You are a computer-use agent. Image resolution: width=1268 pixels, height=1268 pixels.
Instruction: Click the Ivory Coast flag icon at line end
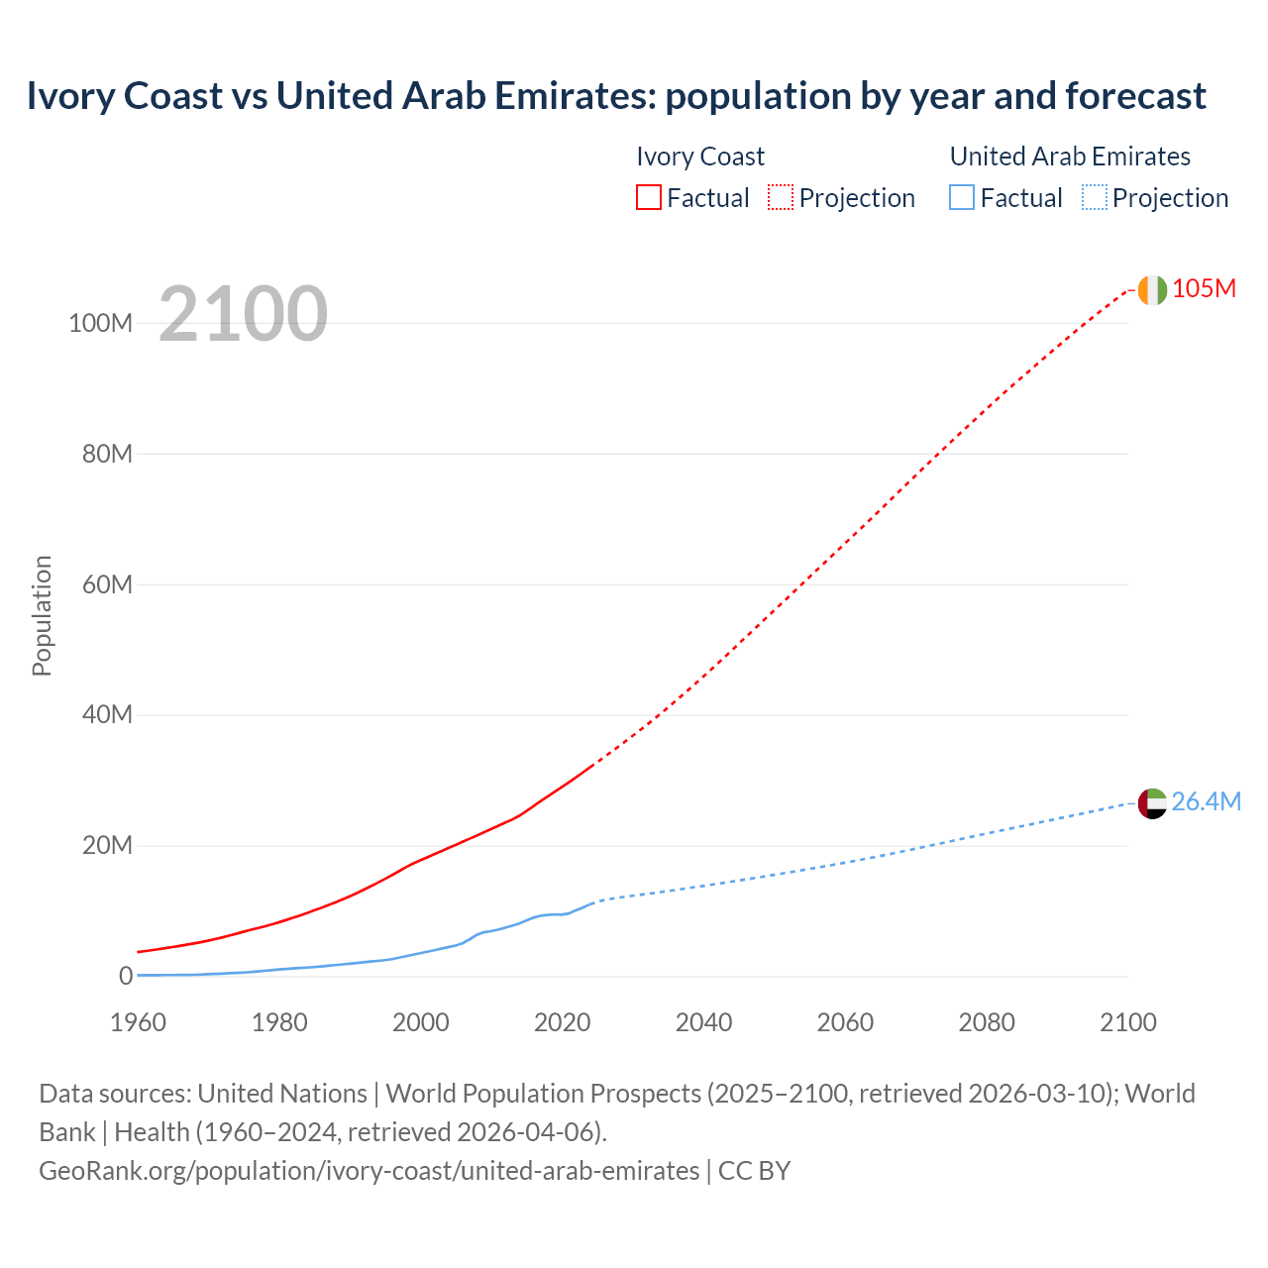1152,289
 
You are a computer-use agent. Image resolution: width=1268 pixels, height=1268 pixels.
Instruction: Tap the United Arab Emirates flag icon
1152,802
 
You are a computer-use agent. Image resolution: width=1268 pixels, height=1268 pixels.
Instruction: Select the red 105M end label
1204,288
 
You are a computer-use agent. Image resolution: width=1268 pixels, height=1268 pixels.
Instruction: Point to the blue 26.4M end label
1206,801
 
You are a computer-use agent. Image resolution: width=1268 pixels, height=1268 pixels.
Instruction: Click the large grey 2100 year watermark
243,314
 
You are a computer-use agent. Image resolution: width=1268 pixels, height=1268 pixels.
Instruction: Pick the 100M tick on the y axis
100,324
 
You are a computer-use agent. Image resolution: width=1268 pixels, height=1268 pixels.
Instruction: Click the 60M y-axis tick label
106,584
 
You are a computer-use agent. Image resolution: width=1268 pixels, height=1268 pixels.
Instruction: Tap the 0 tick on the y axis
125,976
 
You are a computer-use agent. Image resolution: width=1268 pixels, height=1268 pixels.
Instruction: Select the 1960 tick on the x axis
138,1022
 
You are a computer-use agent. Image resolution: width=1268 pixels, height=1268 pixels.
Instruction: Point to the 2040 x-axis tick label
703,1022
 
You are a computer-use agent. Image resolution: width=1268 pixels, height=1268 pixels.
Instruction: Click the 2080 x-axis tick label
987,1022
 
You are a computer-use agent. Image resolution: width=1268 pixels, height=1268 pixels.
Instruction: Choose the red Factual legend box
648,198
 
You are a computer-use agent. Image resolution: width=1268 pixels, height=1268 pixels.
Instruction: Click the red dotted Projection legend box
781,198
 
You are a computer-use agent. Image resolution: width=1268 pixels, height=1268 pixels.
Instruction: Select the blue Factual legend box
961,198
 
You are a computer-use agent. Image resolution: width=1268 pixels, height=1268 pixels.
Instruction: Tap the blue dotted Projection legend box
1094,198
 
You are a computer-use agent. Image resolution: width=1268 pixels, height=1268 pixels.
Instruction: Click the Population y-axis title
42,615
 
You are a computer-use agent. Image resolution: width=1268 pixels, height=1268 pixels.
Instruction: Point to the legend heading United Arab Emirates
1070,157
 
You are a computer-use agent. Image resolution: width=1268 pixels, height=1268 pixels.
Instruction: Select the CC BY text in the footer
754,1171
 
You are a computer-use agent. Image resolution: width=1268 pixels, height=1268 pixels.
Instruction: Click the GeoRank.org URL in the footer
369,1171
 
